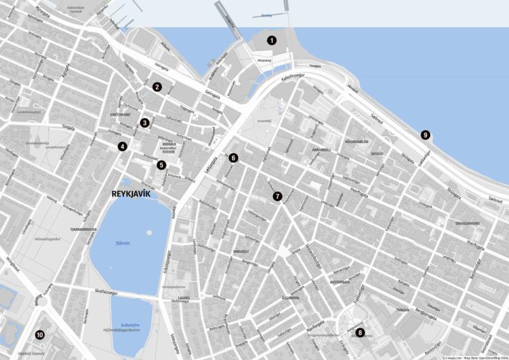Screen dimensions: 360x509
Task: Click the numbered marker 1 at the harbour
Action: pos(272,39)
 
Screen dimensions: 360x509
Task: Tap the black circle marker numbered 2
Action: pos(157,87)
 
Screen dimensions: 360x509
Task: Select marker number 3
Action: pos(145,123)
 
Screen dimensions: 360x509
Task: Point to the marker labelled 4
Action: pos(122,146)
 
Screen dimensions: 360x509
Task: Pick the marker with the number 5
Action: pos(162,165)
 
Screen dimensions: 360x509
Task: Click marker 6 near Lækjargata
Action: pos(234,158)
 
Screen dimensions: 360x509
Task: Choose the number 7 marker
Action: pos(277,196)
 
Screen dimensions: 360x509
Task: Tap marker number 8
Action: pos(360,332)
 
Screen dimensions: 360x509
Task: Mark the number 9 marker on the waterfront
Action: pos(426,135)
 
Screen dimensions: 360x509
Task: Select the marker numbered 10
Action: pos(39,335)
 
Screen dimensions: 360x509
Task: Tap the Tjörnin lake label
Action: pos(122,243)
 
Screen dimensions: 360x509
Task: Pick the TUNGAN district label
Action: pos(402,310)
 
